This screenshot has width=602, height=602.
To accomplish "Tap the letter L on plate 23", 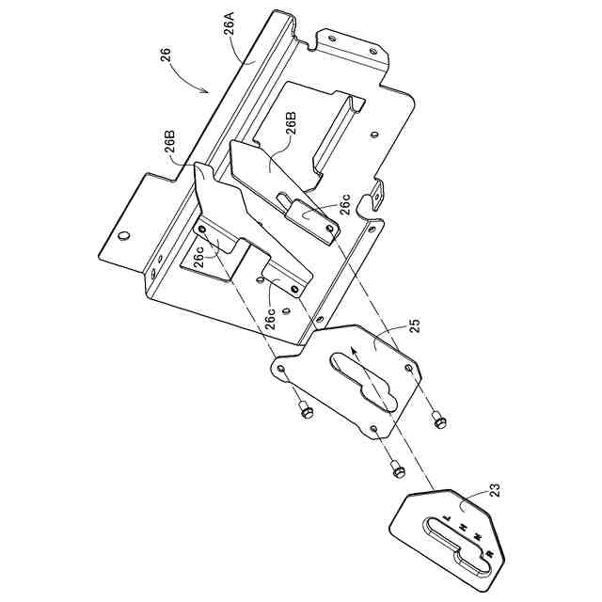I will click(449, 518).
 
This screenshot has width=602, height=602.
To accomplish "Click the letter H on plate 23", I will click(466, 530).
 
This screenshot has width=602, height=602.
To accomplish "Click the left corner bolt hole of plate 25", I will click(279, 367).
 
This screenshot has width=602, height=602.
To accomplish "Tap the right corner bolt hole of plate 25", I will click(410, 366).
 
